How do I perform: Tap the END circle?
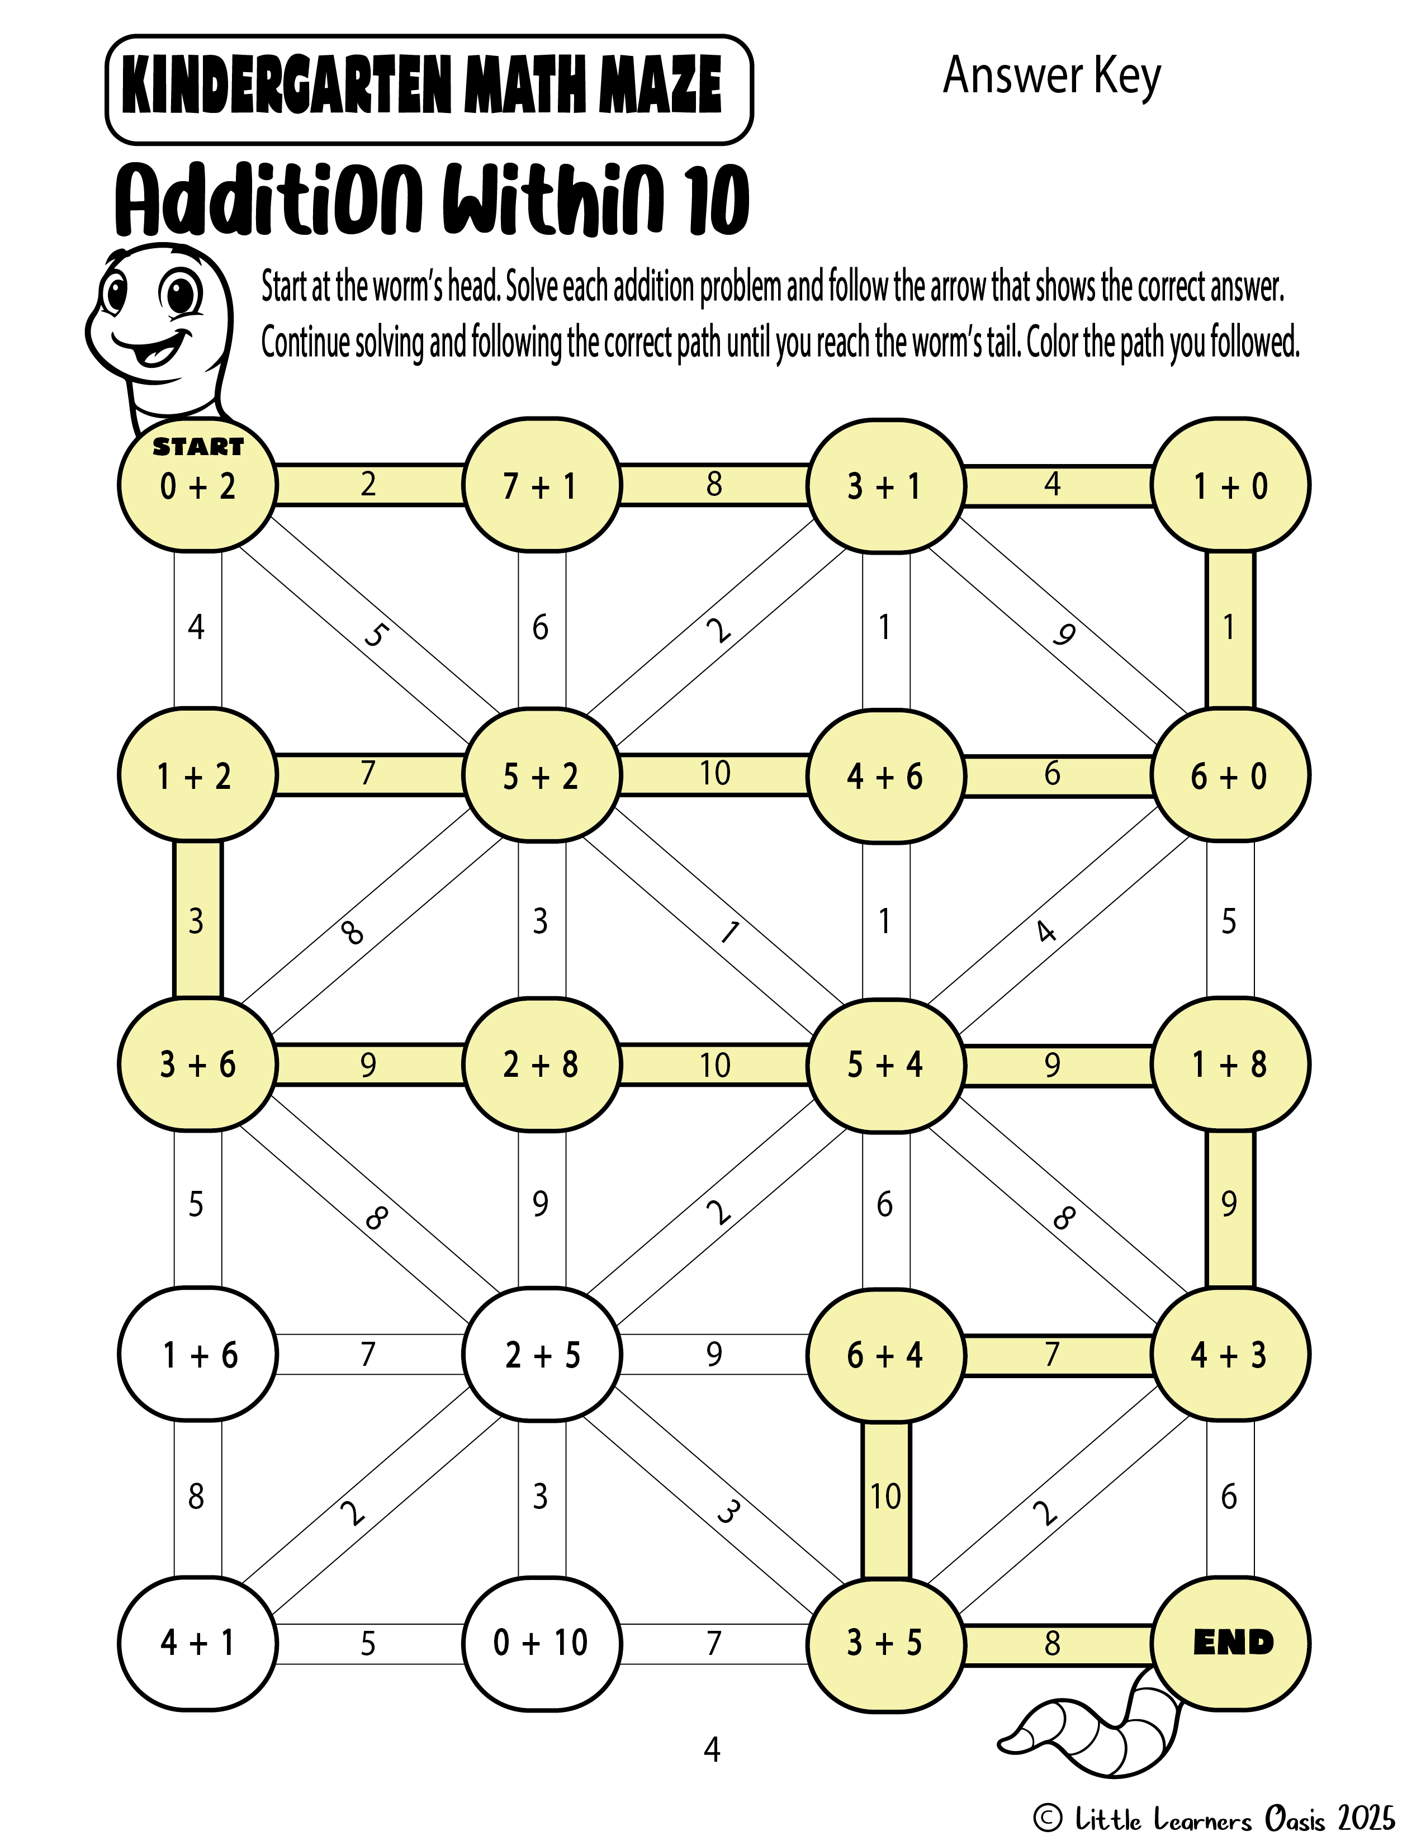tap(1231, 1643)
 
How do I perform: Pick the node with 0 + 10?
tap(542, 1643)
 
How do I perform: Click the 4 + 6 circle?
tap(886, 775)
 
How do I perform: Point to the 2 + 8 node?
tap(542, 1065)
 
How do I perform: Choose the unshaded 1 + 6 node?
tap(198, 1354)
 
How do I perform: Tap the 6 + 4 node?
tap(886, 1354)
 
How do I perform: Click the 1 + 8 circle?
tap(1231, 1065)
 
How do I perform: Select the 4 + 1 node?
tap(198, 1643)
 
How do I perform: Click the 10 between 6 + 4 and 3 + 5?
tap(886, 1497)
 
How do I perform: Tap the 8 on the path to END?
tap(1053, 1643)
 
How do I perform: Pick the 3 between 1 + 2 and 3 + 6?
tap(196, 921)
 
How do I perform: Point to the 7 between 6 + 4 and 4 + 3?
tap(1053, 1354)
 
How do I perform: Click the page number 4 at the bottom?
tap(712, 1749)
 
